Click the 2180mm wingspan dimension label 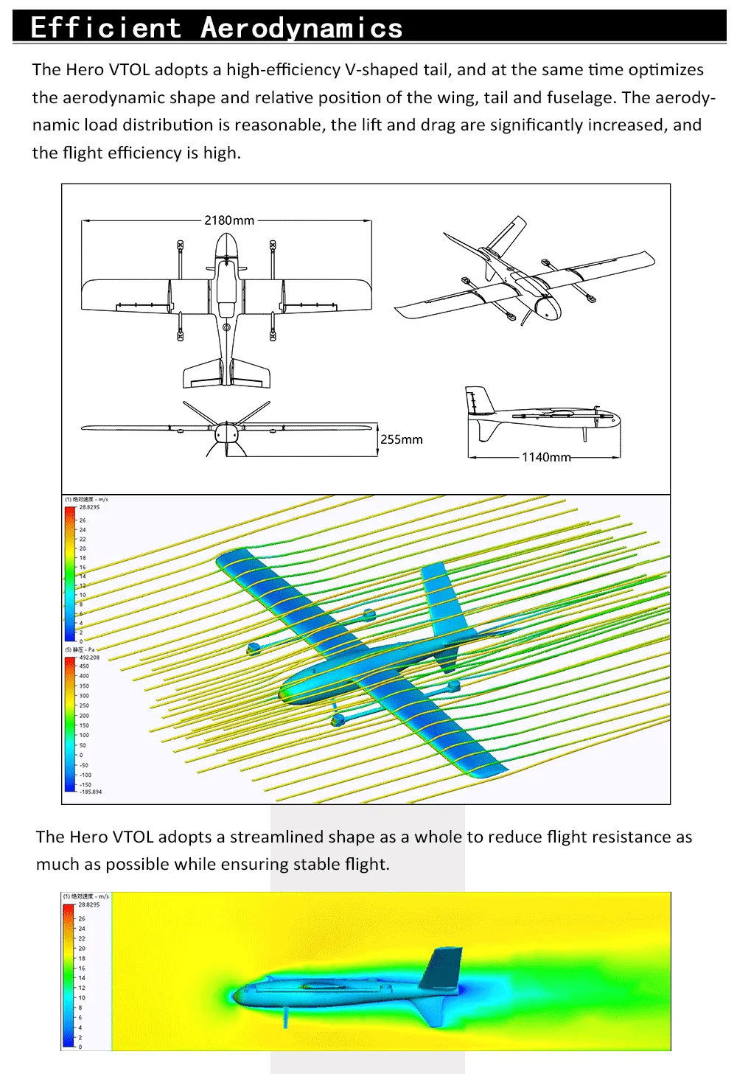[229, 220]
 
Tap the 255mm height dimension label [402, 439]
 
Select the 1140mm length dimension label [546, 457]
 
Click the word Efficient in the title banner [106, 28]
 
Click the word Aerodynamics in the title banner [301, 28]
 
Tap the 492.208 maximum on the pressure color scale [89, 658]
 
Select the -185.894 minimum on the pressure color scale [91, 792]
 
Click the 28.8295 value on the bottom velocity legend [89, 904]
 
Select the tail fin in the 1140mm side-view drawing [476, 402]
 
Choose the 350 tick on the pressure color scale [84, 686]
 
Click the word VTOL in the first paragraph [129, 70]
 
